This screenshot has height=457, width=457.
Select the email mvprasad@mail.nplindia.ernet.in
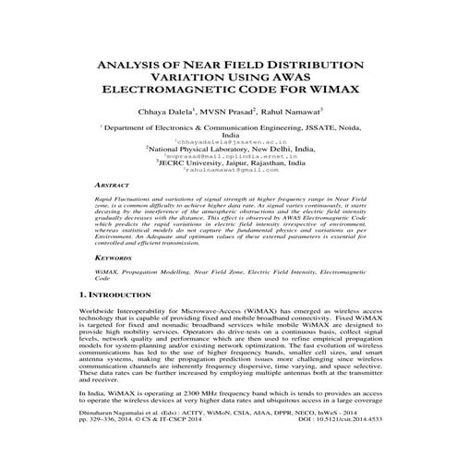(x=228, y=156)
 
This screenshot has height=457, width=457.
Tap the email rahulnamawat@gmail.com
(x=228, y=171)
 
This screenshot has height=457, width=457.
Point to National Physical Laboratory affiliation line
(x=229, y=149)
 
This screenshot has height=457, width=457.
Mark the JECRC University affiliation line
(x=229, y=163)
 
